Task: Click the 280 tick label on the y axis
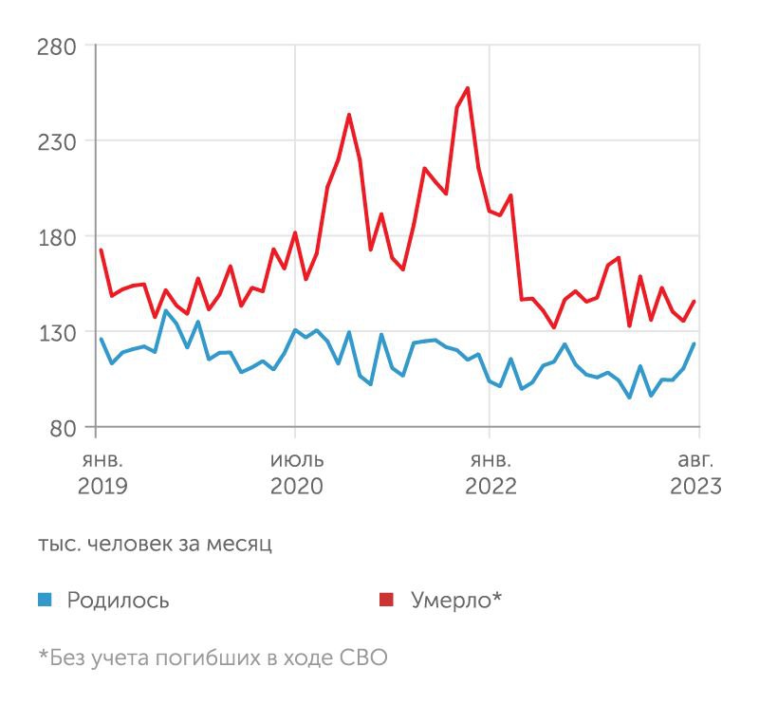pos(56,45)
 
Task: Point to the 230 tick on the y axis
pos(56,140)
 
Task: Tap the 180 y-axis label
pos(56,236)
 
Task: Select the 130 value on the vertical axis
pos(56,332)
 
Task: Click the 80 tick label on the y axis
pos(62,428)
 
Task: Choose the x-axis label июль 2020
pos(296,473)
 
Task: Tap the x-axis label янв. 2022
pos(491,473)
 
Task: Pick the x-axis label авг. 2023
pos(695,473)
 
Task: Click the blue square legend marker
pos(45,600)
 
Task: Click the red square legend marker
pos(386,600)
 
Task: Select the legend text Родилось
pos(119,600)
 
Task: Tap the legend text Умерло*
pos(456,600)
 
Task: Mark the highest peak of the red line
pos(468,88)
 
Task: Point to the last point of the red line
pos(694,302)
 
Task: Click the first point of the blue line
pos(101,339)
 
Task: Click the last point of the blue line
pos(694,343)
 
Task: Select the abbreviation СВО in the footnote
pos(363,658)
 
